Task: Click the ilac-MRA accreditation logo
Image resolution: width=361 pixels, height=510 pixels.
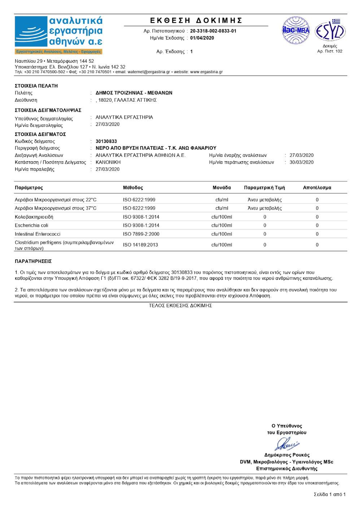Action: tap(296, 30)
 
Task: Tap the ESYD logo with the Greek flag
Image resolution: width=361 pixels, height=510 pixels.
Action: tap(330, 31)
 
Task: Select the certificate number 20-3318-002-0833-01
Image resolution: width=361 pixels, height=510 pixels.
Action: tap(213, 31)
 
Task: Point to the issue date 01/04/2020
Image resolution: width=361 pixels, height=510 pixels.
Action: tap(202, 38)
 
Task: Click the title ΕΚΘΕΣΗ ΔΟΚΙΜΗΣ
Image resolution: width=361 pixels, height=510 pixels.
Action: tap(196, 21)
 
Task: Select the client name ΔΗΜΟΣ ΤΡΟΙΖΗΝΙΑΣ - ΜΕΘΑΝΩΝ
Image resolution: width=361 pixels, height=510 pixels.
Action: tap(134, 93)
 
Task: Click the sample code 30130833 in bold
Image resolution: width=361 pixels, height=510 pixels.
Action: tap(106, 141)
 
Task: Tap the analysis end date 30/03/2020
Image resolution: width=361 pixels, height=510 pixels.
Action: tap(301, 162)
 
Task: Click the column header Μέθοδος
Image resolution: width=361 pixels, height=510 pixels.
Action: tap(133, 188)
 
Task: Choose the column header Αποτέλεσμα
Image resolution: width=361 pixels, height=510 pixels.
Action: tap(317, 188)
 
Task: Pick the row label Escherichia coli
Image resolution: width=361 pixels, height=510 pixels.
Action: tap(31, 225)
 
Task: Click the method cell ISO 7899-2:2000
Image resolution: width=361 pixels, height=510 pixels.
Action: tap(141, 234)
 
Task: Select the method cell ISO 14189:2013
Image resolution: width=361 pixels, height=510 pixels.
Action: tap(140, 245)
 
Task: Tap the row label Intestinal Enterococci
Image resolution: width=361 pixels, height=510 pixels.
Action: tap(38, 234)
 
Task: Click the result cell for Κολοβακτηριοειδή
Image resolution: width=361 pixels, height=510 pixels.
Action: tap(317, 217)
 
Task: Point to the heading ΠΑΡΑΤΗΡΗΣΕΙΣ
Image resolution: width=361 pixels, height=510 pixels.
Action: tap(33, 261)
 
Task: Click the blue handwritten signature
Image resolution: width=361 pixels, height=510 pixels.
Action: tap(287, 444)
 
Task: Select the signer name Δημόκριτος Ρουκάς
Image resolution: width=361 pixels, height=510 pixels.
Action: tap(287, 455)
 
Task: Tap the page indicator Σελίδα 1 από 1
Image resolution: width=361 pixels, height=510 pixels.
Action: tap(329, 494)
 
